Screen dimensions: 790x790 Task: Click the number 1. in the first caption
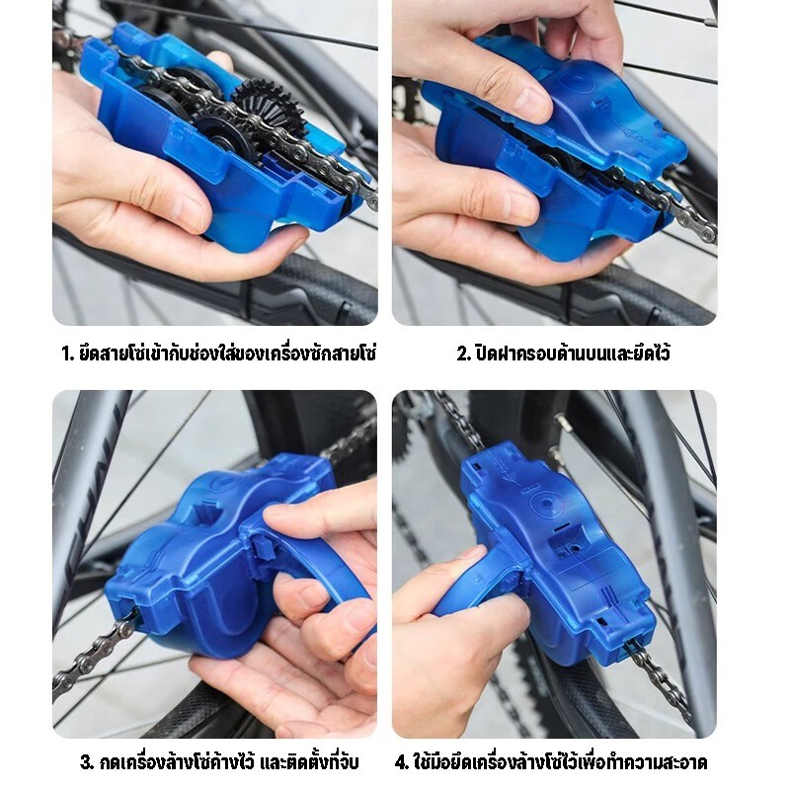coord(68,355)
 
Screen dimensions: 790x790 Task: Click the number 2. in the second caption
coord(464,355)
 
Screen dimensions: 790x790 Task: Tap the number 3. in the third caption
coord(87,761)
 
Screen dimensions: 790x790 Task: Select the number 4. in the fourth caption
coord(402,761)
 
